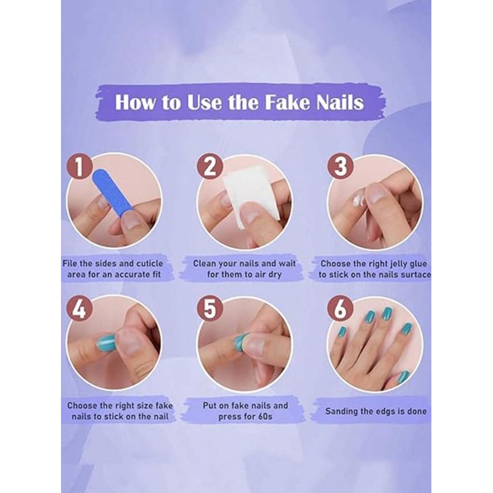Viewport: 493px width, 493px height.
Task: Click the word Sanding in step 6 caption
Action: pyautogui.click(x=343, y=411)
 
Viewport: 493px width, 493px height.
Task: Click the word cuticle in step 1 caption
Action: pyautogui.click(x=141, y=263)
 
